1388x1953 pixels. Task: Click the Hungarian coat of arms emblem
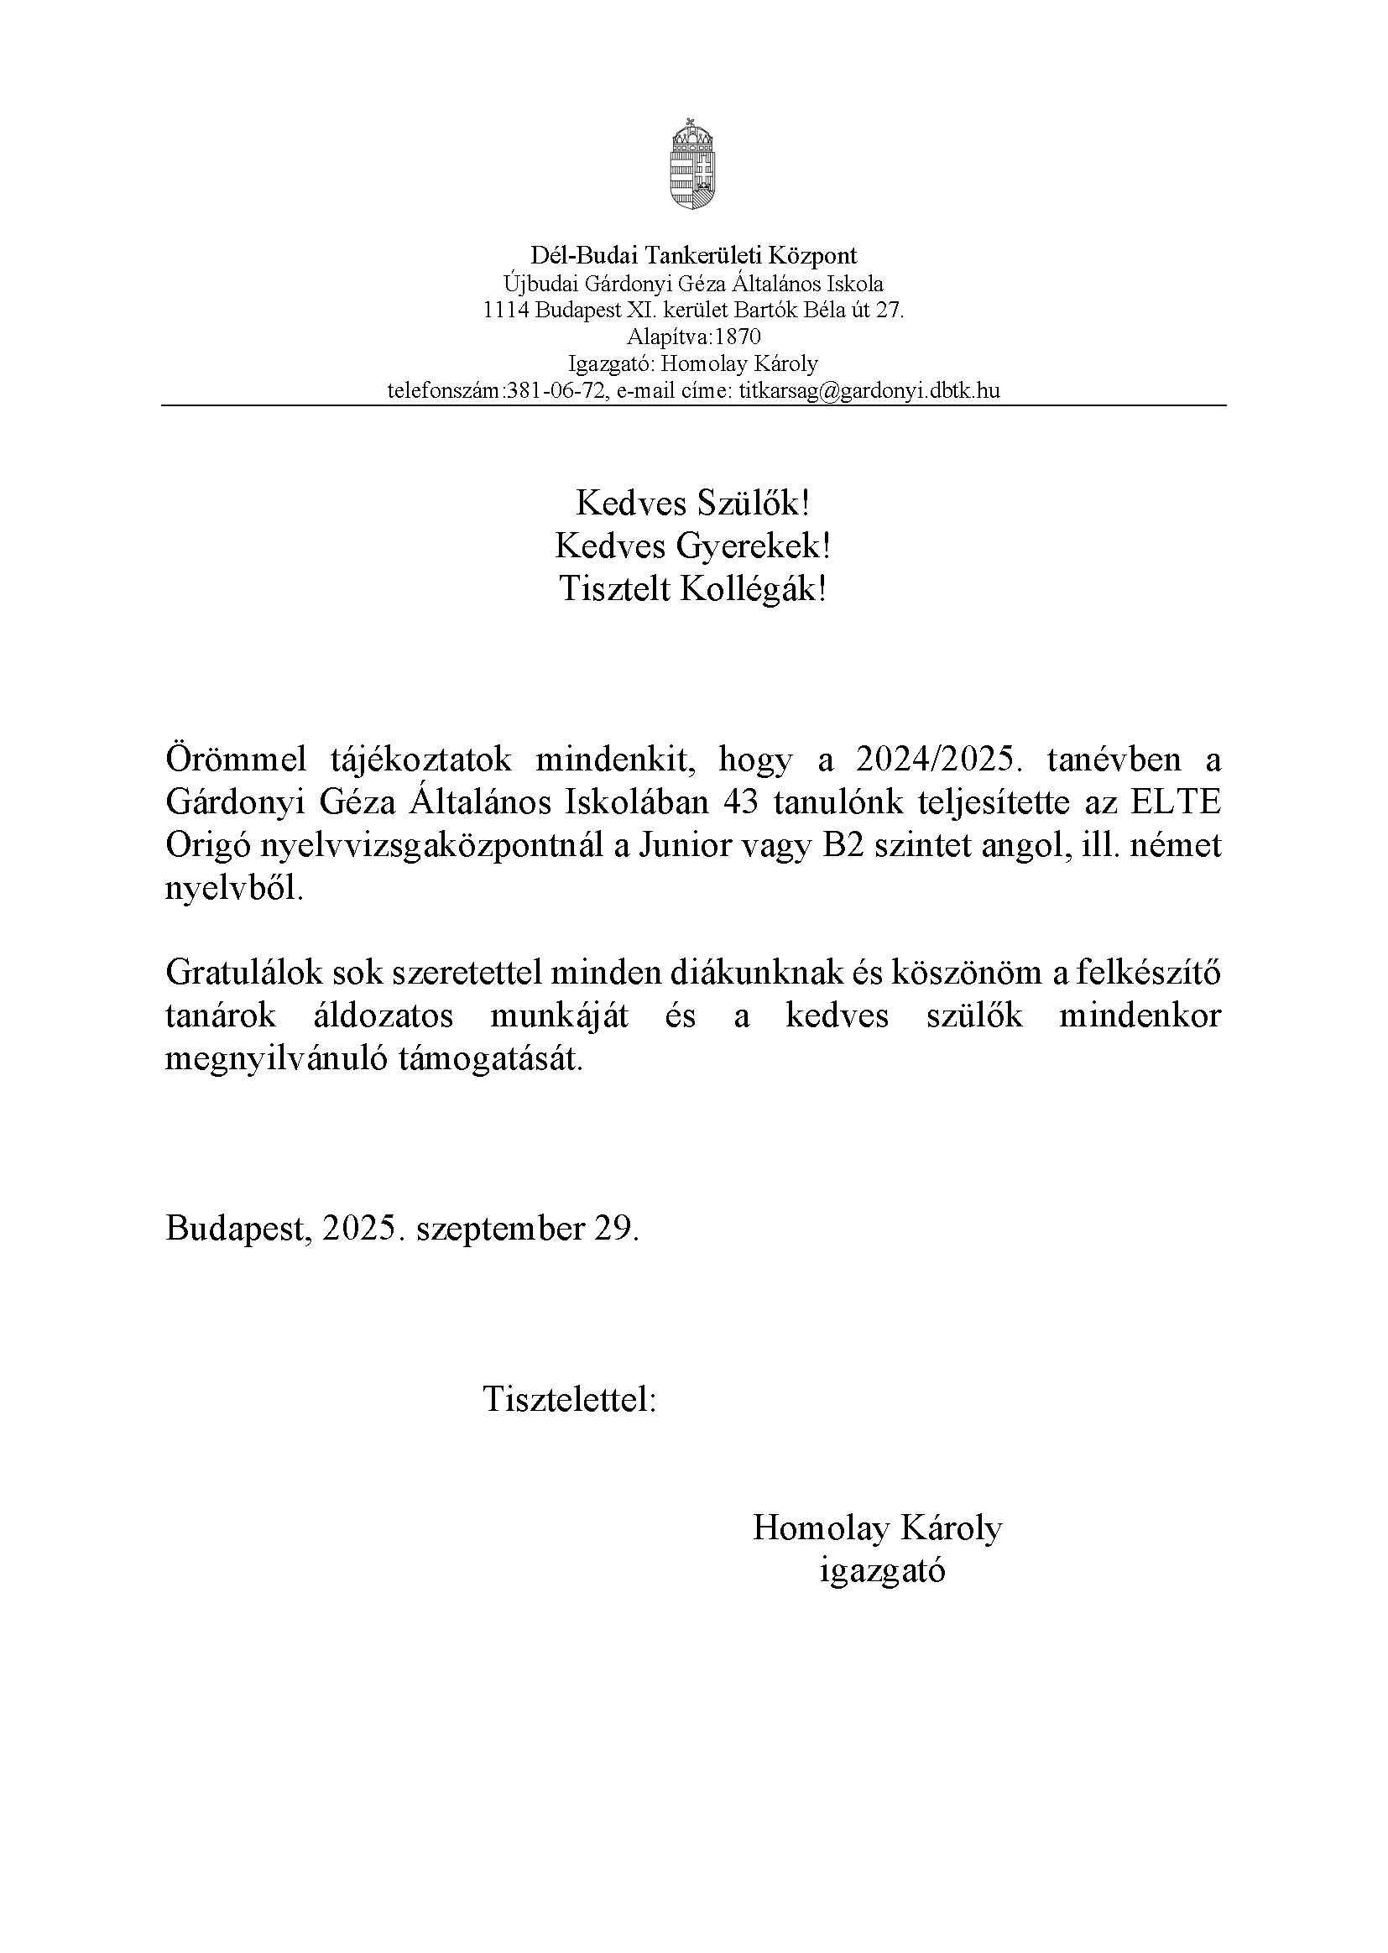(x=692, y=166)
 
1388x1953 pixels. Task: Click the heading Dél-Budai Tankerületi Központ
(x=693, y=254)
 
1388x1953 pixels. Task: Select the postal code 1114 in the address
(x=506, y=310)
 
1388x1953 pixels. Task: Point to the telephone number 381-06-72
(x=556, y=391)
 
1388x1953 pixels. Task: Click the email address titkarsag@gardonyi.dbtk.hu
(x=869, y=391)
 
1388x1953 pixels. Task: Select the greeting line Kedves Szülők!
(x=692, y=504)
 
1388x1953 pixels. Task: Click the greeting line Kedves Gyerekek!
(x=692, y=546)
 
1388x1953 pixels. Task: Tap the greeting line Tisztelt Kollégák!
(x=692, y=589)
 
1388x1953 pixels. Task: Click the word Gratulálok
(x=242, y=973)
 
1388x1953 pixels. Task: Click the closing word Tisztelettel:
(x=569, y=1399)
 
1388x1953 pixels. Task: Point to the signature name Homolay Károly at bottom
(x=877, y=1527)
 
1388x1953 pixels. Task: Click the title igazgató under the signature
(x=882, y=1571)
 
